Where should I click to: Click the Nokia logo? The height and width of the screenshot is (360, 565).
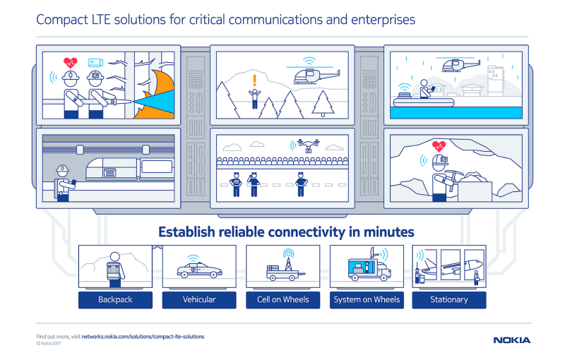click(x=511, y=340)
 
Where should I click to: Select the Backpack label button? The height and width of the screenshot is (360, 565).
click(x=115, y=299)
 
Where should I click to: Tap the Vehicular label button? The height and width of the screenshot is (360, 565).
click(x=199, y=299)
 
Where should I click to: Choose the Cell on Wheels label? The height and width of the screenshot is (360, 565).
click(x=282, y=299)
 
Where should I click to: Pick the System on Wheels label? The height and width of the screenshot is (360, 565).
click(x=366, y=299)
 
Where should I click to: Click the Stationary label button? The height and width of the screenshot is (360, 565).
click(x=449, y=299)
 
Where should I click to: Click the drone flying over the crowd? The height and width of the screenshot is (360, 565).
click(x=308, y=146)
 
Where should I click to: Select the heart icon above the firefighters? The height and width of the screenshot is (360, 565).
click(x=69, y=62)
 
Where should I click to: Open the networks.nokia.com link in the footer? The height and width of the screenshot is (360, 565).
click(x=143, y=337)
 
